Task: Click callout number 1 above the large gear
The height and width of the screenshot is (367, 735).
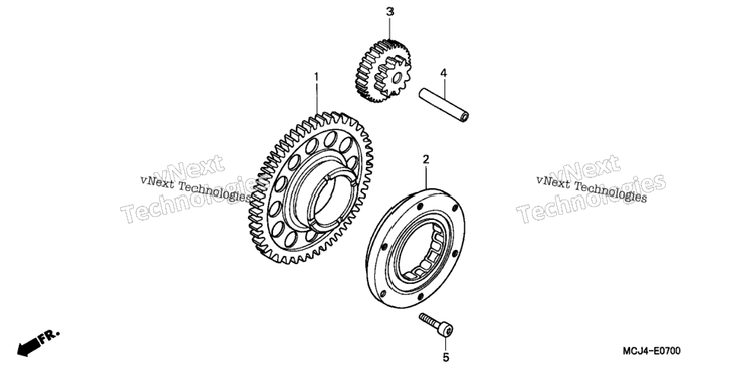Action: click(x=317, y=76)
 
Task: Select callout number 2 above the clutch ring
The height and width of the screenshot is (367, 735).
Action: click(x=425, y=160)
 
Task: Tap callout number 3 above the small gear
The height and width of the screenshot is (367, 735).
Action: click(x=390, y=12)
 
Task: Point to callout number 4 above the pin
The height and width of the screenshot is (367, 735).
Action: click(x=444, y=73)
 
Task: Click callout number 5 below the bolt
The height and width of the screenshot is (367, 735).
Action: click(x=446, y=358)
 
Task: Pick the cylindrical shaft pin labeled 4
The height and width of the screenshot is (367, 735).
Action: click(x=444, y=105)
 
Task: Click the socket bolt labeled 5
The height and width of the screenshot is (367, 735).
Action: click(x=437, y=325)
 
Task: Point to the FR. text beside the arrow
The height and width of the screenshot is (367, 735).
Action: click(x=49, y=337)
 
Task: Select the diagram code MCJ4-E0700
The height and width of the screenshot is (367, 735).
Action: click(x=651, y=351)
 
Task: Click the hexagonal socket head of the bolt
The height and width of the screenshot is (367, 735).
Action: click(x=446, y=330)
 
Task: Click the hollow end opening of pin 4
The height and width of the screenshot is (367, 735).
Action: click(x=465, y=117)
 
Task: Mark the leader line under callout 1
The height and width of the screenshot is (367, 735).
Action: click(x=317, y=98)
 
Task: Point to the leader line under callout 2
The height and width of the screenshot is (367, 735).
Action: click(x=426, y=177)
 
